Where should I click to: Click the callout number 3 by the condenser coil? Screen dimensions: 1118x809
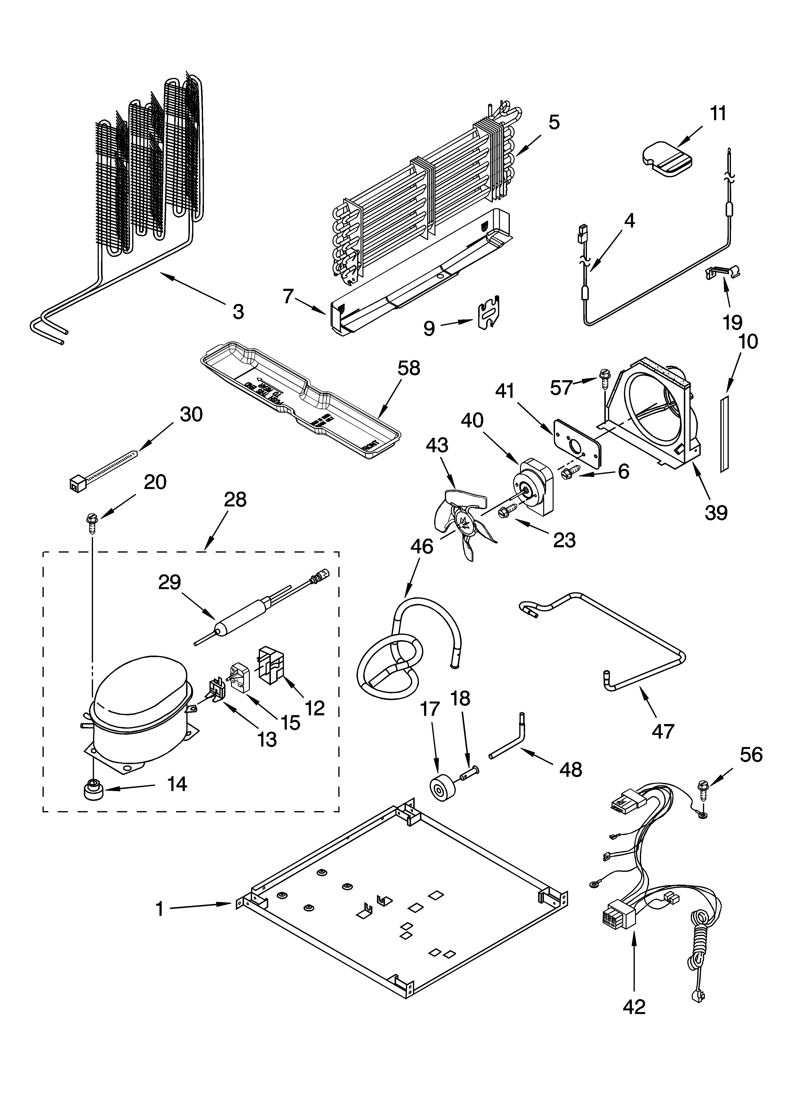(238, 311)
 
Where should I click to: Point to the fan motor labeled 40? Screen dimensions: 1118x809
(535, 487)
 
